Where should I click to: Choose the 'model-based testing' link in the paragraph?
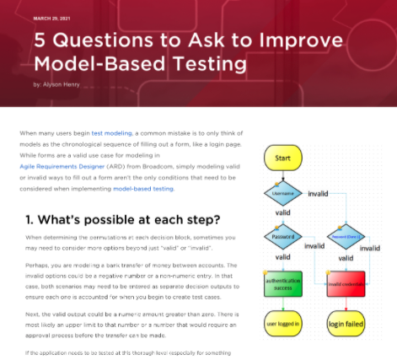[x=145, y=190]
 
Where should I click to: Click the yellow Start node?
[x=283, y=158]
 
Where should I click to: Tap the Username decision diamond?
[x=282, y=193]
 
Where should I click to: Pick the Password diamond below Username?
[x=282, y=239]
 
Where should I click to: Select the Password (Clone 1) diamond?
[x=341, y=239]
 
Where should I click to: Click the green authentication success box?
[x=282, y=282]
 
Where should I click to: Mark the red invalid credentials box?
[x=341, y=282]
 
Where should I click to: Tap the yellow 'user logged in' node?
[x=282, y=324]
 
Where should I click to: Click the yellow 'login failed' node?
[x=341, y=324]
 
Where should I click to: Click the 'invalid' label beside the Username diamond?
[x=319, y=193]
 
